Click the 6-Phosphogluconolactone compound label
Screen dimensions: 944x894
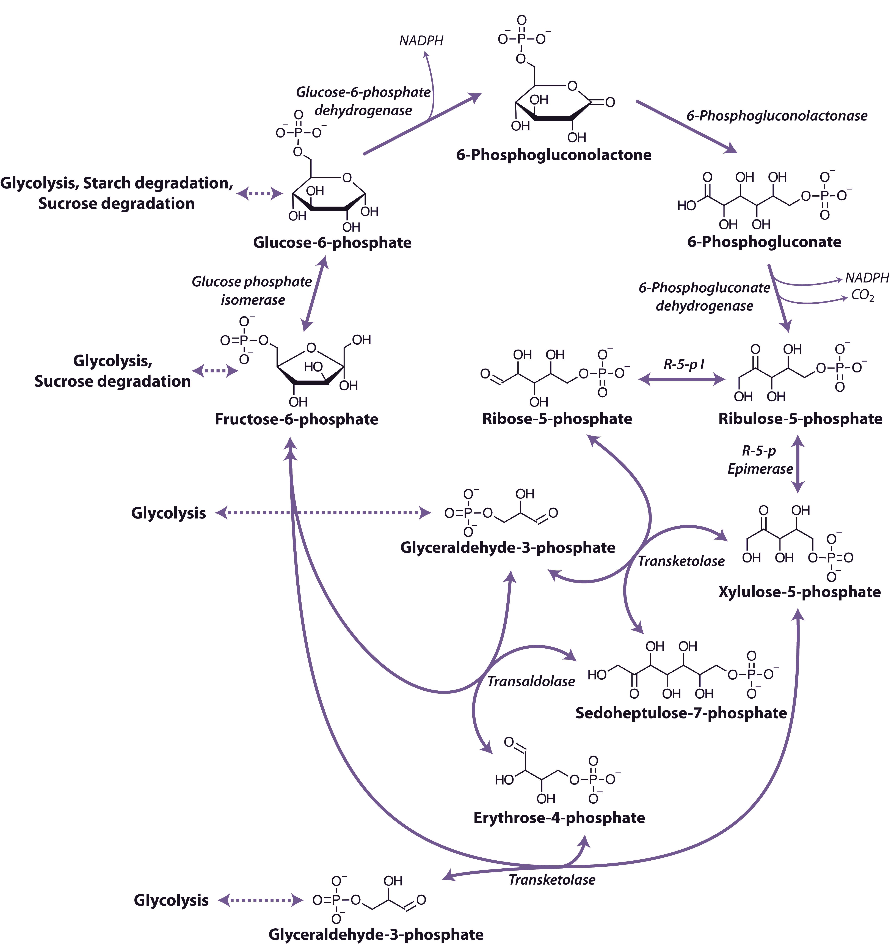(x=554, y=155)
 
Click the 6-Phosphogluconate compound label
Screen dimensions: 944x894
(x=764, y=242)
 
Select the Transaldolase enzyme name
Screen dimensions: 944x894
(x=531, y=681)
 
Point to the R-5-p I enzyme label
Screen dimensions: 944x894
(x=683, y=365)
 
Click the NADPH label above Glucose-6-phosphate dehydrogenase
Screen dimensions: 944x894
(x=421, y=41)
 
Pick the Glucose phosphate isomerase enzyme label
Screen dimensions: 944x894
(x=252, y=291)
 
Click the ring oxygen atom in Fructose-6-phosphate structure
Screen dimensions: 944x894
(x=311, y=348)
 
